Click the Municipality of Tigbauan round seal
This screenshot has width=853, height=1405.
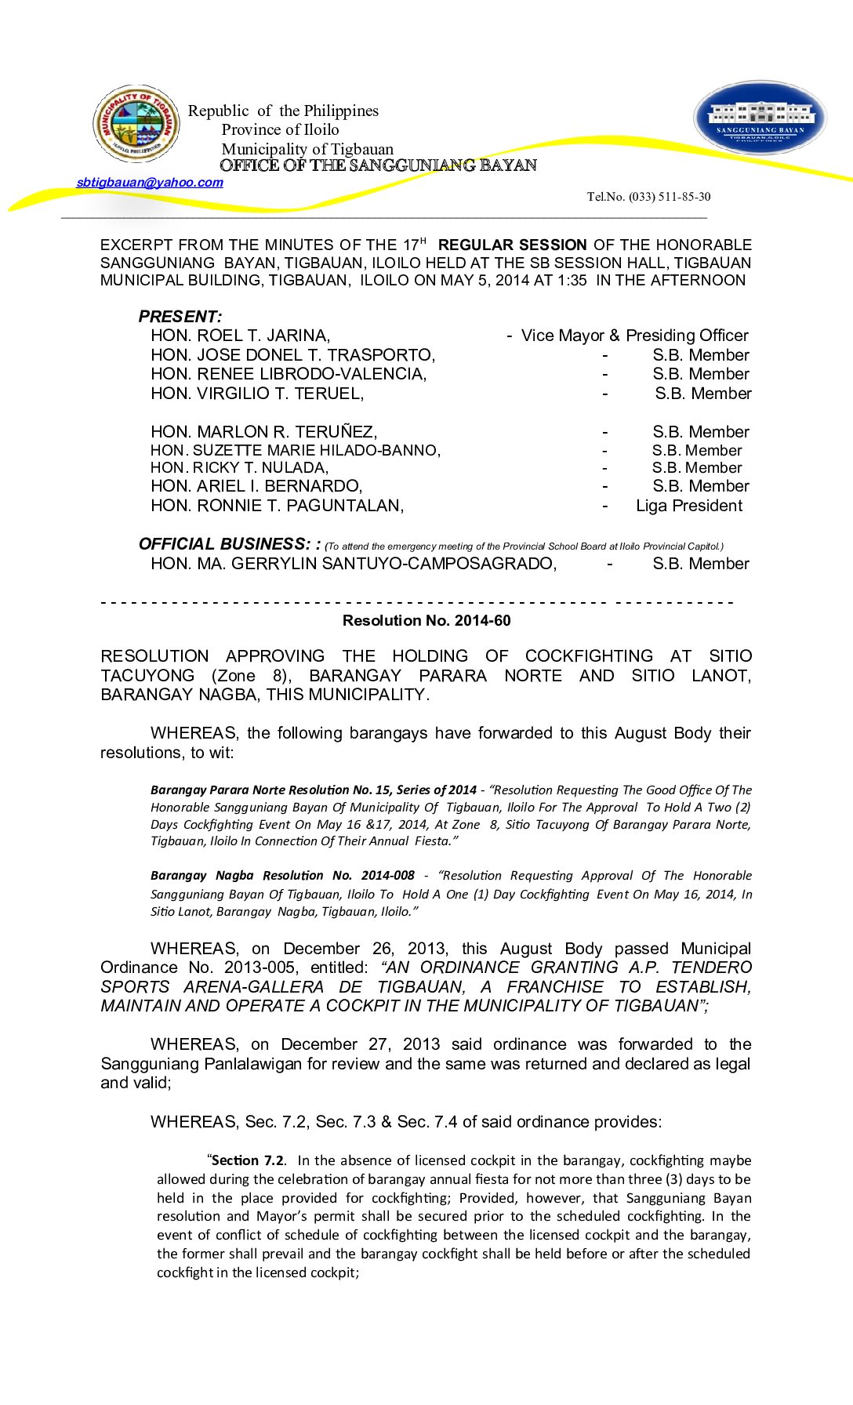(x=136, y=124)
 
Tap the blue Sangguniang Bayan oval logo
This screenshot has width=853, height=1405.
(x=760, y=118)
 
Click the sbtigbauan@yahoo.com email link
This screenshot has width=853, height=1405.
(x=150, y=183)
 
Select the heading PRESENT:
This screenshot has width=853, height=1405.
(x=180, y=317)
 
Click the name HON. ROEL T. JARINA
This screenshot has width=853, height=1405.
(x=240, y=336)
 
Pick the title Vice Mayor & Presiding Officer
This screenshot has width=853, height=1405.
(x=634, y=336)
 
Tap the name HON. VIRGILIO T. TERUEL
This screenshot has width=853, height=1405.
(x=257, y=394)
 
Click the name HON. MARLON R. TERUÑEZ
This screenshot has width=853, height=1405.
(x=263, y=432)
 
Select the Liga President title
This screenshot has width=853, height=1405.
(x=688, y=506)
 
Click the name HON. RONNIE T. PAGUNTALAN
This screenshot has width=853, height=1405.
(x=277, y=506)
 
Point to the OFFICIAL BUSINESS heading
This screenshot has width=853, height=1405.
(x=228, y=544)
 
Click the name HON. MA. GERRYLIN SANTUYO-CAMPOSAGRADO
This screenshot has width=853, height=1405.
(x=354, y=564)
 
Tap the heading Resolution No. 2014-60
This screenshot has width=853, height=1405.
(x=426, y=621)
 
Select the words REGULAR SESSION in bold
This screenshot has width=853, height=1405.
(x=512, y=245)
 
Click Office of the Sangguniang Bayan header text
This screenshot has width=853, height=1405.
(x=378, y=165)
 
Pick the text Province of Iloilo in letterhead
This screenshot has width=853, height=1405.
(x=280, y=130)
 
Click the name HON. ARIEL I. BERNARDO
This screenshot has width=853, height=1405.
(x=256, y=486)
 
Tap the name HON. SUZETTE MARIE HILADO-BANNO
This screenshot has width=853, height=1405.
(x=296, y=451)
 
